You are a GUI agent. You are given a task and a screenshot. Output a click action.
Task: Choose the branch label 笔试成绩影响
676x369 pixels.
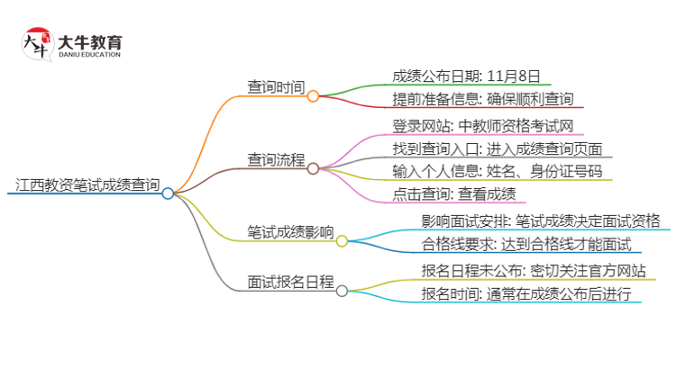pos(290,231)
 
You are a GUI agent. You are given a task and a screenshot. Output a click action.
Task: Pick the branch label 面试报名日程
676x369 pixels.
pos(290,281)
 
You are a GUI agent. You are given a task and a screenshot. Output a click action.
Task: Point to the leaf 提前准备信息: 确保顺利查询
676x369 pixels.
pos(483,98)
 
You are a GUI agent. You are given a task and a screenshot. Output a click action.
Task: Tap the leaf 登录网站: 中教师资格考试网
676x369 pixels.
pos(483,126)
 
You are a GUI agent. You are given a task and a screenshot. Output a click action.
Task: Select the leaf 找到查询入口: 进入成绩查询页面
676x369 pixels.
pos(498,148)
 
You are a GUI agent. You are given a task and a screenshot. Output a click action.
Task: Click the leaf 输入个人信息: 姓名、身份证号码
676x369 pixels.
pos(497,171)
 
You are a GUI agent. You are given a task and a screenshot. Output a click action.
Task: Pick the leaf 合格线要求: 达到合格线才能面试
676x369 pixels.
pos(526,244)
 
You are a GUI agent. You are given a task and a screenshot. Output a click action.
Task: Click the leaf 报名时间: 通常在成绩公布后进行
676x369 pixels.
pos(526,294)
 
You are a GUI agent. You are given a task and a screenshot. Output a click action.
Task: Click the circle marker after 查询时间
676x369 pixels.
pos(313,94)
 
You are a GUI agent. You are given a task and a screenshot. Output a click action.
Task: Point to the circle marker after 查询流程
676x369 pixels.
pos(313,167)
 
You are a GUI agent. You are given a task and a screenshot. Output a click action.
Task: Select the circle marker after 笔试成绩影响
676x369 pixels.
pos(342,240)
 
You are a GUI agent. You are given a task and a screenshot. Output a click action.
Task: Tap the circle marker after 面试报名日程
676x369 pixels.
pos(342,290)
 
